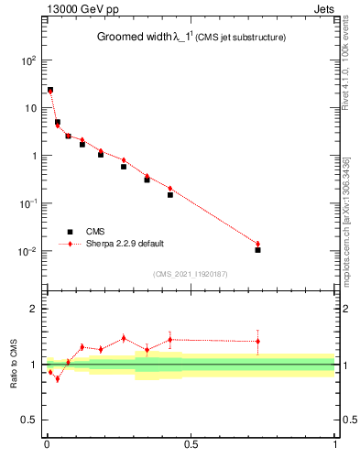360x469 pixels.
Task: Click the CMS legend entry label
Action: point(95,232)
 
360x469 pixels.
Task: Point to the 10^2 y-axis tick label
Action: point(28,60)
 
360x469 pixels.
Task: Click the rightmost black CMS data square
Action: point(258,250)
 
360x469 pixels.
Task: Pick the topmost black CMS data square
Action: point(49,90)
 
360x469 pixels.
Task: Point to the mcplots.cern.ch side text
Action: point(353,211)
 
